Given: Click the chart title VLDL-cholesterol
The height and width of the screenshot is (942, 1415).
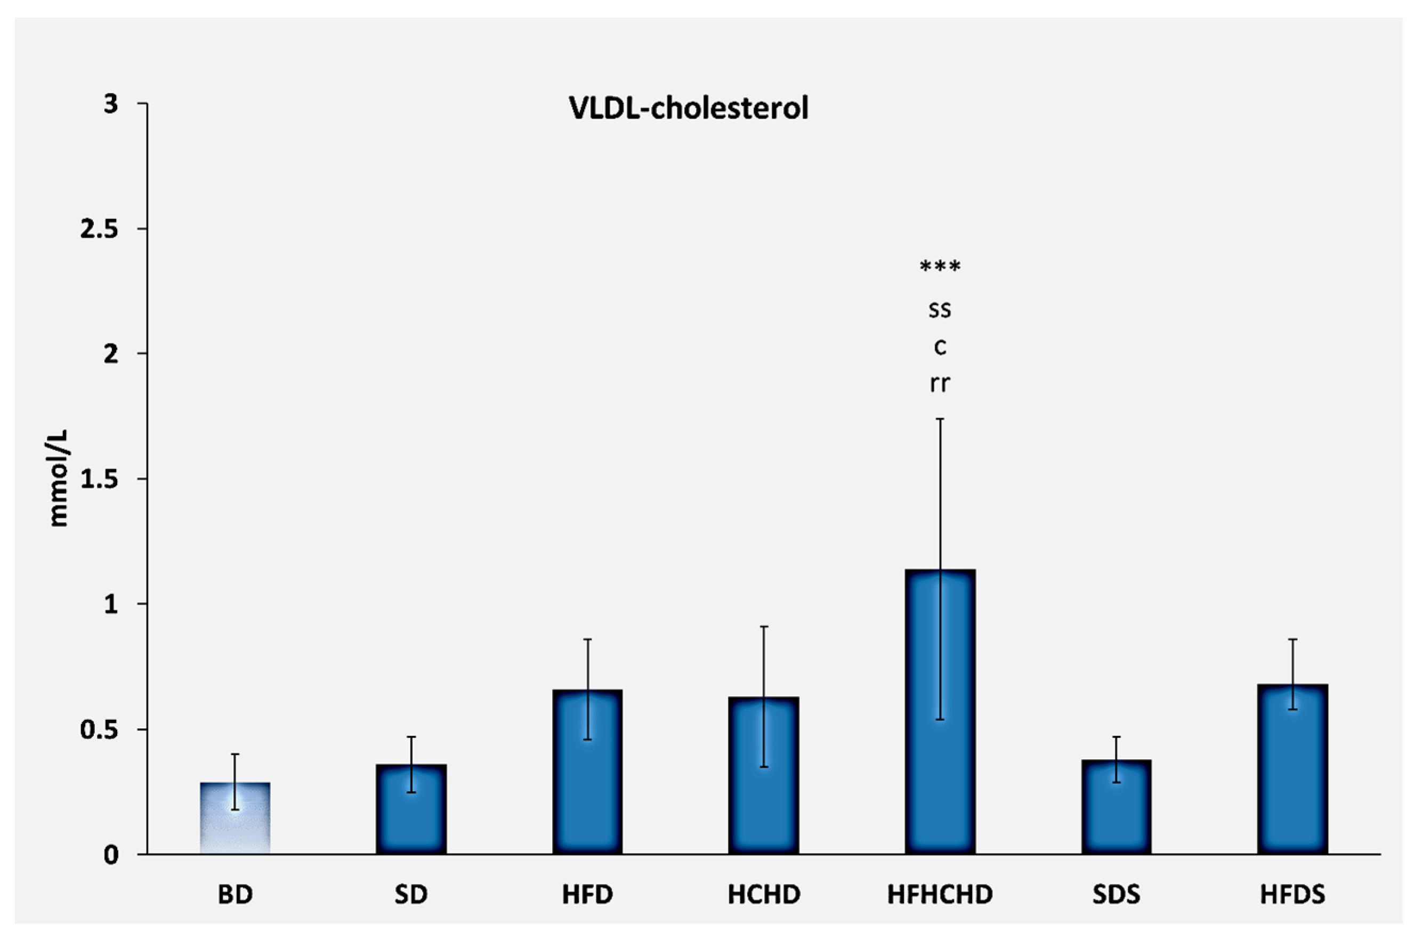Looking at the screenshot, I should [x=689, y=109].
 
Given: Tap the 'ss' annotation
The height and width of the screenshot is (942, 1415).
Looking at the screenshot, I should [x=940, y=310].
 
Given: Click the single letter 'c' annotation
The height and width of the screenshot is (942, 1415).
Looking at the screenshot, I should [x=940, y=347].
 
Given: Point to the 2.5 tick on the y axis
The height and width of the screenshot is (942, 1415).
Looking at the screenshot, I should [x=99, y=230].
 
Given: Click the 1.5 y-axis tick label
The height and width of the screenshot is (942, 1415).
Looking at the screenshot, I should [x=99, y=480].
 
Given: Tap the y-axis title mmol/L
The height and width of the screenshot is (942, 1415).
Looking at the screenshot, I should [x=58, y=479].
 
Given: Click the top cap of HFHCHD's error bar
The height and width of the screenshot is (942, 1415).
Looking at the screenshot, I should [x=940, y=419].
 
